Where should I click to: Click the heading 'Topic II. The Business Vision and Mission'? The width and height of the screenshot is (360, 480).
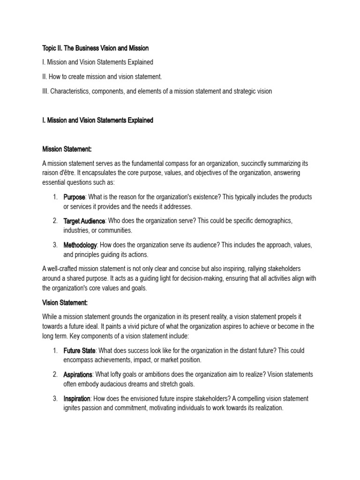pyautogui.click(x=96, y=48)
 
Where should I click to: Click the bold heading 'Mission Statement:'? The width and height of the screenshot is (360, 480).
pyautogui.click(x=67, y=149)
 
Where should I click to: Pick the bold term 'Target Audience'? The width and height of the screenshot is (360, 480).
pyautogui.click(x=84, y=221)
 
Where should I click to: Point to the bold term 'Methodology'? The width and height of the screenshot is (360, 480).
pyautogui.click(x=80, y=245)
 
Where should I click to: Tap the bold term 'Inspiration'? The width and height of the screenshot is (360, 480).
pyautogui.click(x=77, y=399)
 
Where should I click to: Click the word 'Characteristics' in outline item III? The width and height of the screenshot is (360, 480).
pyautogui.click(x=70, y=91)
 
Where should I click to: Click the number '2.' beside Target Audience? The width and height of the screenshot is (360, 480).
pyautogui.click(x=55, y=221)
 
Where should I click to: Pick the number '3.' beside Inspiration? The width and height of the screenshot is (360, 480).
pyautogui.click(x=55, y=399)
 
